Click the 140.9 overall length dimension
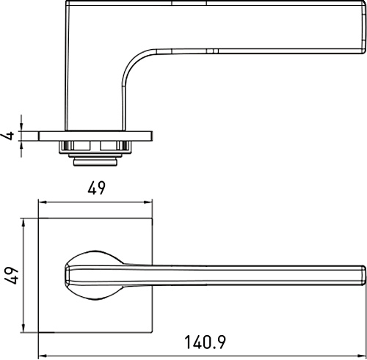(205, 342)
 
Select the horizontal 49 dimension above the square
(96, 188)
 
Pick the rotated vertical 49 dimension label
(11, 276)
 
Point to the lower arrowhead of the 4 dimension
(21, 145)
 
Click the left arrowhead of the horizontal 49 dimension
(43, 202)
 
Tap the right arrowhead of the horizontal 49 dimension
(148, 202)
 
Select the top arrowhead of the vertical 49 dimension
(23, 223)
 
